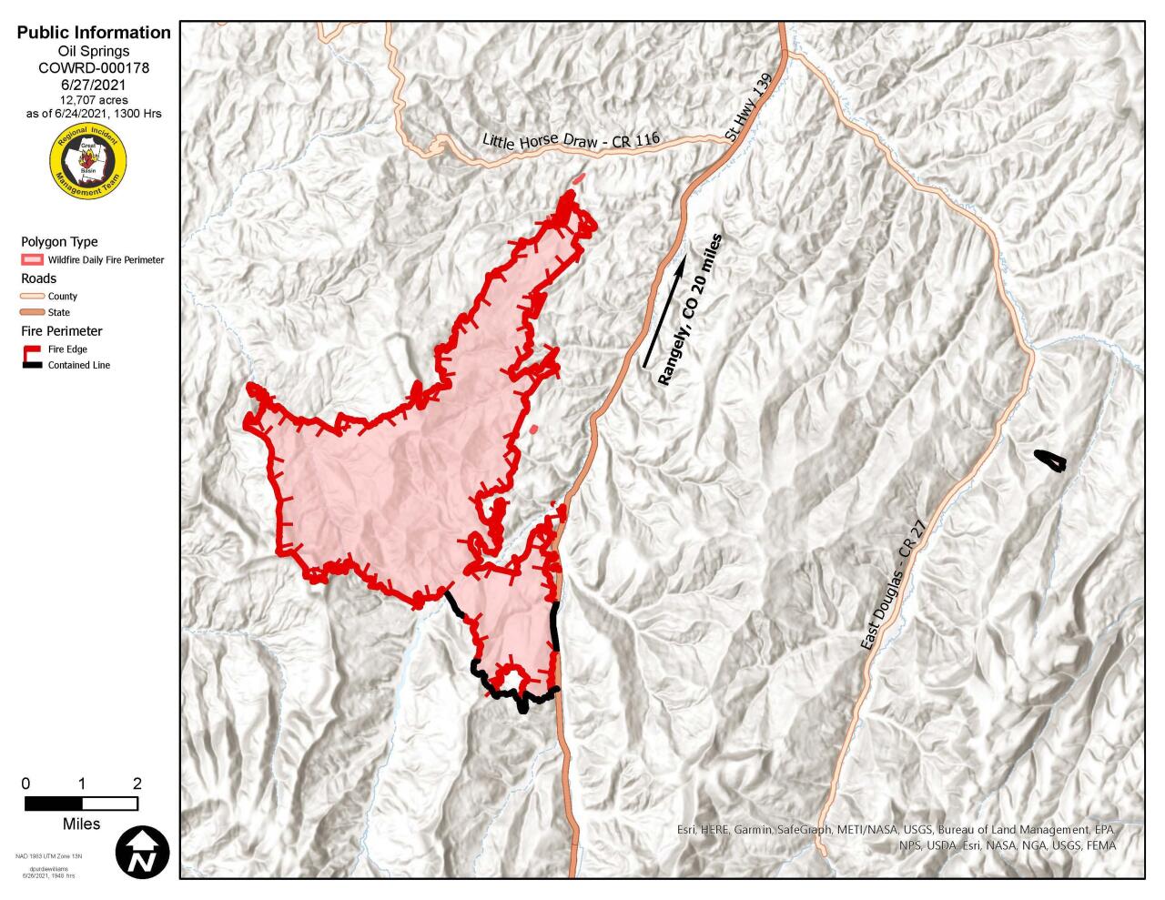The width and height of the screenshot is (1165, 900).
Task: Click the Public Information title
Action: [94, 33]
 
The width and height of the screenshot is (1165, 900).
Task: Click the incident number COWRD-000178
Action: [94, 67]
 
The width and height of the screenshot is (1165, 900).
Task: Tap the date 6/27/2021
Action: [94, 84]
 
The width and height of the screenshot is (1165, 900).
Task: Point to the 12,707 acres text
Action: [94, 99]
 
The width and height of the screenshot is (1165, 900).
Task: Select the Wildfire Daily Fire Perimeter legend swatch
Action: [32, 260]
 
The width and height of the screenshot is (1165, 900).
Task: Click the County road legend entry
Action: [32, 297]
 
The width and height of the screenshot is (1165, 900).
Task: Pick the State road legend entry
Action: [32, 313]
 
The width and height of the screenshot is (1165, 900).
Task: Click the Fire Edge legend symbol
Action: [32, 349]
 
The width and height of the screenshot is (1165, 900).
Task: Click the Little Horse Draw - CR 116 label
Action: [570, 141]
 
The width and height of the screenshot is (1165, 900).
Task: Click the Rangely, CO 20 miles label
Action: [691, 309]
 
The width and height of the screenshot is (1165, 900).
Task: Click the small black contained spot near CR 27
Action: [1050, 461]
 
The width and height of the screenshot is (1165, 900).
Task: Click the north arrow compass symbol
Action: [143, 853]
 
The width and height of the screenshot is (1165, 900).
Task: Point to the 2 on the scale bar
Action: [137, 784]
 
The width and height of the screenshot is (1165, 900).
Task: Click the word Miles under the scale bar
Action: [81, 824]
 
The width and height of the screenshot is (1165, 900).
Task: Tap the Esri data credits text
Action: [897, 837]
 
